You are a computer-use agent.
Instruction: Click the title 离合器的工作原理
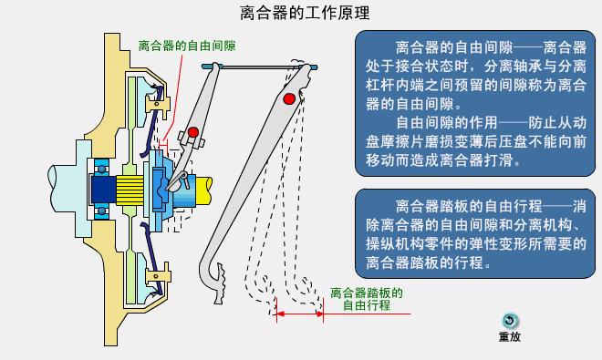click(292, 13)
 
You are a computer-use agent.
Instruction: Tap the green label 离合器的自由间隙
click(186, 44)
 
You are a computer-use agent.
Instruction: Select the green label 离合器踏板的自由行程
click(366, 300)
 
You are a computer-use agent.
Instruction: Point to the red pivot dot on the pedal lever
click(289, 98)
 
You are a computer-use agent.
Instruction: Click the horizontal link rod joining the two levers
click(260, 67)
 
